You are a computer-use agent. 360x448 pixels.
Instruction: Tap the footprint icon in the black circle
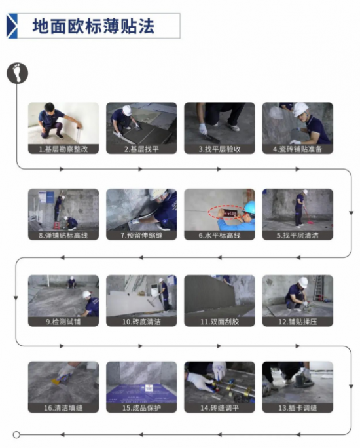coord(18,72)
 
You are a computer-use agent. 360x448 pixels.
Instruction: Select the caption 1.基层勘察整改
coord(63,149)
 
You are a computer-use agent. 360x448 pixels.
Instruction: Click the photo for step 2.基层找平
coord(141,122)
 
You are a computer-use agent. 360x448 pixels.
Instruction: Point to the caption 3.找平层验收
coord(219,149)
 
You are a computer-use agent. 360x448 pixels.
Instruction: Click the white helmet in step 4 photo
coord(300,109)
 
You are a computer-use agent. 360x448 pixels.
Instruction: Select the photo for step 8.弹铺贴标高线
coord(63,209)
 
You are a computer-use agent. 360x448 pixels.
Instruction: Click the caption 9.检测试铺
coord(63,322)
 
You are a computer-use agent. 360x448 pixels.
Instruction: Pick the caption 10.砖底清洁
coord(141,322)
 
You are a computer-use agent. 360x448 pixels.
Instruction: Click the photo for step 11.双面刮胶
coord(219,295)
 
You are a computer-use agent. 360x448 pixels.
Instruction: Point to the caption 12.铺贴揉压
coord(298,322)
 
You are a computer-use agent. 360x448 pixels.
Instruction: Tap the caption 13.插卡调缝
coord(298,407)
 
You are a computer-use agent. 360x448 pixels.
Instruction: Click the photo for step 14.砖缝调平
coord(219,382)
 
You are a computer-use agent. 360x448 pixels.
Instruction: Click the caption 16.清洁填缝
coord(63,407)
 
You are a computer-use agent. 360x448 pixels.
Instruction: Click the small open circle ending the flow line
coord(17,434)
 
